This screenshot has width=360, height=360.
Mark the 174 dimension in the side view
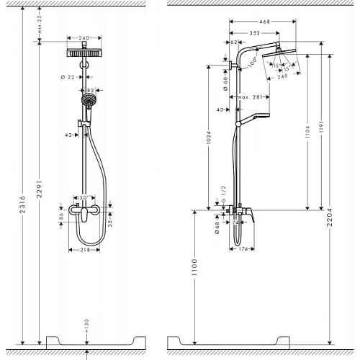[243, 249]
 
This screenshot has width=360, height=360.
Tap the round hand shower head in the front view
[88, 101]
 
